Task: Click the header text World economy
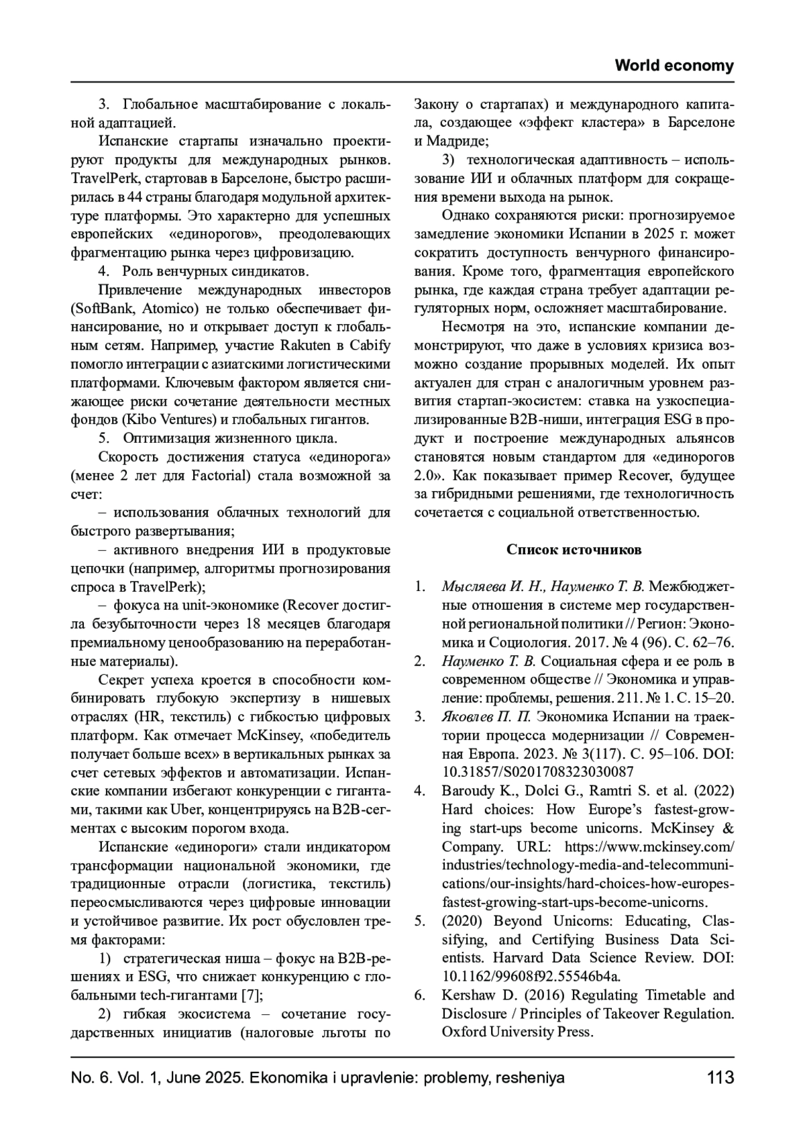[x=674, y=66]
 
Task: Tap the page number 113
[x=720, y=1078]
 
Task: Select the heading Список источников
[x=574, y=550]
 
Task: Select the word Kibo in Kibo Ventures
[x=139, y=421]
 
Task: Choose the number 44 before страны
[x=136, y=198]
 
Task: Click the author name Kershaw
[x=469, y=995]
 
